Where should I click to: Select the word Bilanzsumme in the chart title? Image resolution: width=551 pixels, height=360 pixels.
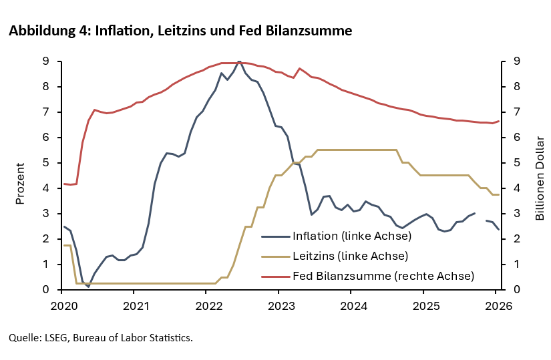point(314,31)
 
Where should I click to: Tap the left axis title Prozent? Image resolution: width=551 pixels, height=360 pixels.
point(20,182)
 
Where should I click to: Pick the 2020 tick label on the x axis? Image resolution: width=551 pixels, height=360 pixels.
point(61,306)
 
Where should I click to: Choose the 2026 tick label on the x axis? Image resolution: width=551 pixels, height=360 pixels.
point(498,306)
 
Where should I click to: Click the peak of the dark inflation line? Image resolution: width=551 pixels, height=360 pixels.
point(240,61)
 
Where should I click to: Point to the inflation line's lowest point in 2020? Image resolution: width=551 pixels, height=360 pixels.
point(88,287)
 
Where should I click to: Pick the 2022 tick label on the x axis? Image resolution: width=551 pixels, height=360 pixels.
point(207,306)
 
